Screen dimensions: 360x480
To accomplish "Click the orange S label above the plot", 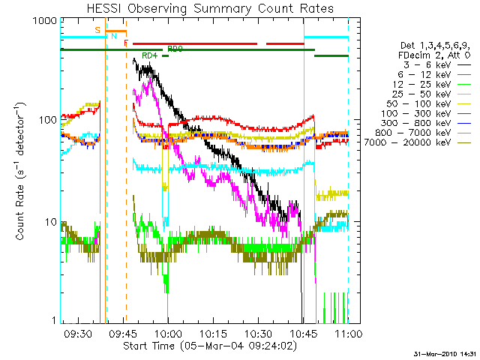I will click(97, 30).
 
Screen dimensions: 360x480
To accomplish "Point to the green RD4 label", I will click(149, 55).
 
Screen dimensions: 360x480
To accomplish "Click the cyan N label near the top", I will click(114, 35).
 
